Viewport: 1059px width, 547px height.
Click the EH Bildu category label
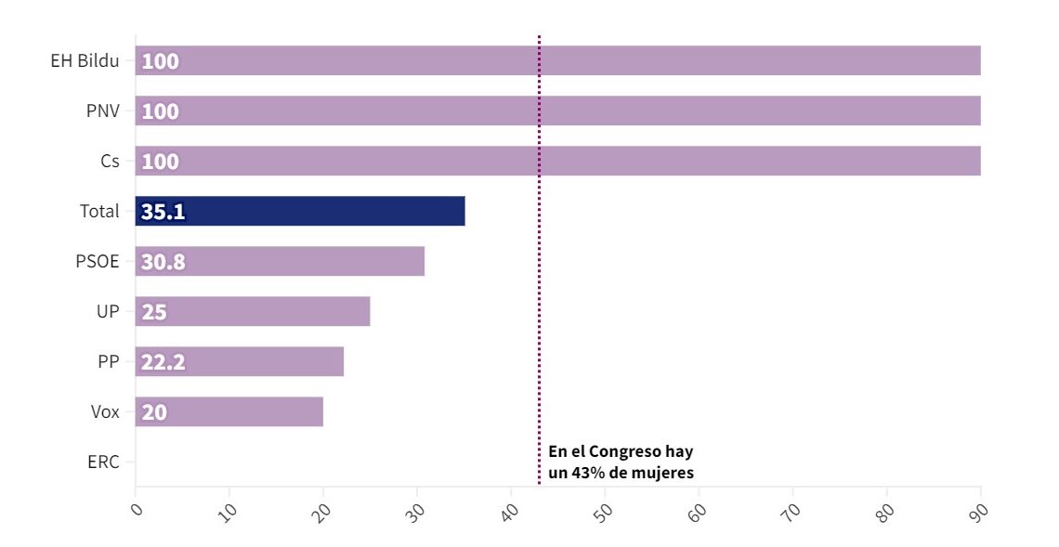pos(85,61)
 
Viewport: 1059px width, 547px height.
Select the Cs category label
pos(110,162)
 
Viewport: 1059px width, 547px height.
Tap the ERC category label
pos(102,462)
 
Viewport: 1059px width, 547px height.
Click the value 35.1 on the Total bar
pos(163,212)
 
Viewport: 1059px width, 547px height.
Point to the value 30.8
pos(163,262)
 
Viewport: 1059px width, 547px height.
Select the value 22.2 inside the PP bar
pos(163,362)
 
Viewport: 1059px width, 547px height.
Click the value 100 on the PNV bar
pos(160,111)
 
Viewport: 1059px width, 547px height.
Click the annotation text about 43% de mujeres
pos(621,462)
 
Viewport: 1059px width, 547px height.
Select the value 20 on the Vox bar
pos(154,412)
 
